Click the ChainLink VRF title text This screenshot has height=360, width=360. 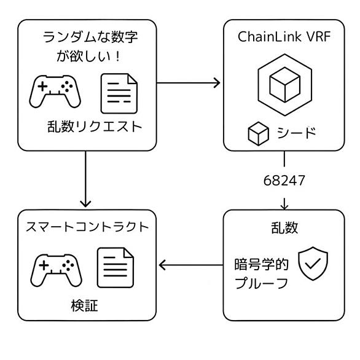click(x=284, y=36)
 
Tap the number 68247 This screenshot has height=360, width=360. click(x=284, y=181)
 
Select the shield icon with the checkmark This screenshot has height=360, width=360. click(x=313, y=264)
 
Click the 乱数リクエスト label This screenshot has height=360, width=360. click(x=95, y=127)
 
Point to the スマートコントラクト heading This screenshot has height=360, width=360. click(x=87, y=227)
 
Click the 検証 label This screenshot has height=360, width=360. click(x=85, y=305)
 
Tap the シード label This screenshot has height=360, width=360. click(x=296, y=133)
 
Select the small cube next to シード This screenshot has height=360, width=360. click(x=259, y=134)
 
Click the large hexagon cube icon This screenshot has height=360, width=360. click(x=285, y=85)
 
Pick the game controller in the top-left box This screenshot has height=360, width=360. click(x=55, y=91)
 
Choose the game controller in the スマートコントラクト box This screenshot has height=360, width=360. click(x=57, y=270)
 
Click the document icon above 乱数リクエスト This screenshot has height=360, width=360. click(x=119, y=93)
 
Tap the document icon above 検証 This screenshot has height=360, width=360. click(x=115, y=267)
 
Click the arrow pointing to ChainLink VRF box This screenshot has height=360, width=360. click(x=188, y=83)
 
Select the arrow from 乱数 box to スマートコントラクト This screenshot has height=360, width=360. click(x=191, y=265)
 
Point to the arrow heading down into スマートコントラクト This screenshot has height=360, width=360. click(x=85, y=179)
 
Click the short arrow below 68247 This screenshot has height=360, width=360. click(x=284, y=203)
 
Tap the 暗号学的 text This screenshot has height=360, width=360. click(x=261, y=264)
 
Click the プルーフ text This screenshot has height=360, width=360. click(x=261, y=283)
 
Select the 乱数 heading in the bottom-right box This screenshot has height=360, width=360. click(x=284, y=228)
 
